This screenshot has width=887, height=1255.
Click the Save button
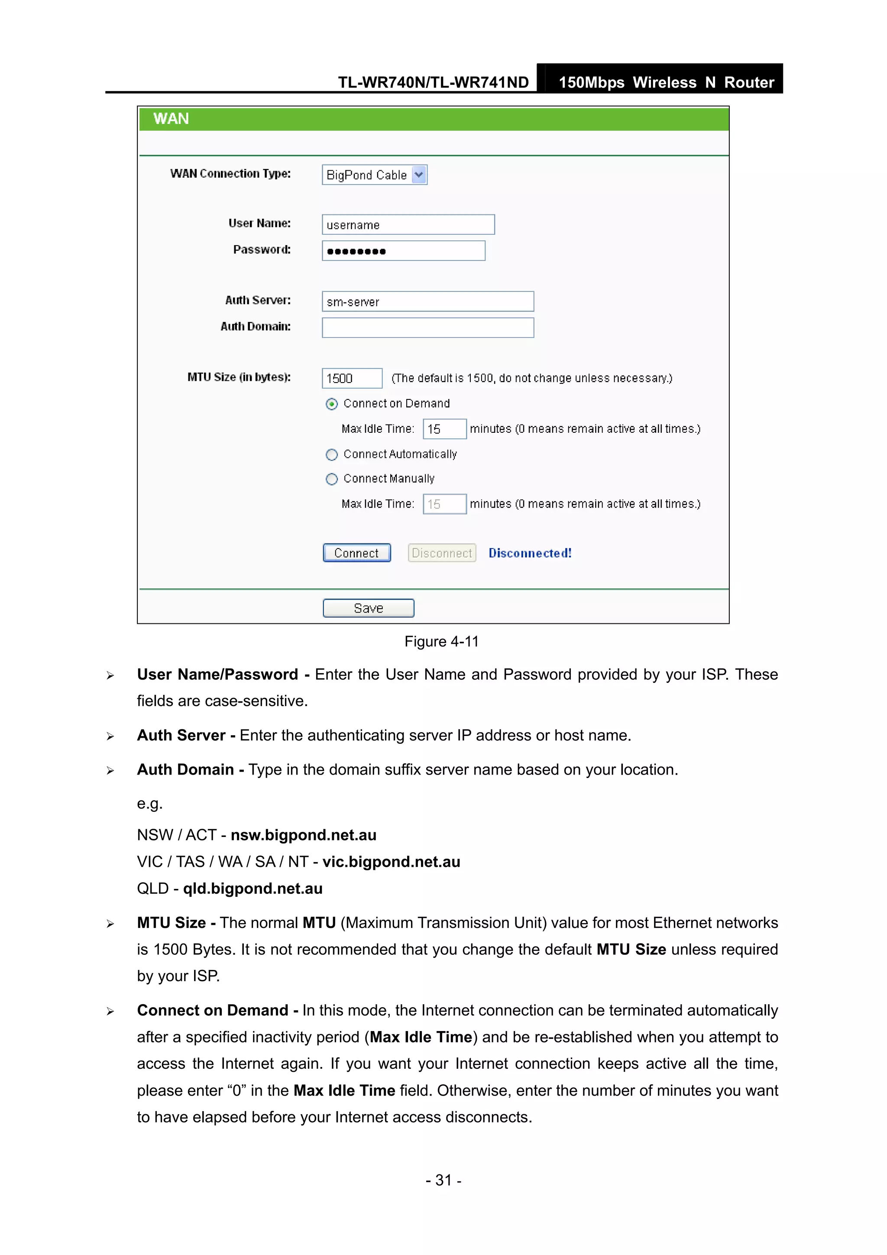pyautogui.click(x=368, y=608)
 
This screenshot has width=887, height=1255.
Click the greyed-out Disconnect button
pyautogui.click(x=442, y=553)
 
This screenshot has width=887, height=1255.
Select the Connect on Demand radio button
pyautogui.click(x=332, y=404)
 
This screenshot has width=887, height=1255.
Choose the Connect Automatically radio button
pyautogui.click(x=332, y=455)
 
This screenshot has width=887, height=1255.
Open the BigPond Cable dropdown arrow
pyautogui.click(x=419, y=175)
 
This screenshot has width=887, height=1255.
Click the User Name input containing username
pyautogui.click(x=408, y=225)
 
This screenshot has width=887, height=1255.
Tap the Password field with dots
pyautogui.click(x=403, y=251)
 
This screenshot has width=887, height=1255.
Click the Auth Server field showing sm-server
pyautogui.click(x=427, y=301)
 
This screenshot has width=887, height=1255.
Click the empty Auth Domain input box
pyautogui.click(x=427, y=328)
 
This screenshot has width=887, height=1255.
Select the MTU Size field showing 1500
pyautogui.click(x=351, y=378)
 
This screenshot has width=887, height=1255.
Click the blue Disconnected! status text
pyautogui.click(x=530, y=553)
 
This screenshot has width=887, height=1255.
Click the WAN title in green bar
pyautogui.click(x=171, y=119)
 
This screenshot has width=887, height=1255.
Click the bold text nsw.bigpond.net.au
pyautogui.click(x=303, y=835)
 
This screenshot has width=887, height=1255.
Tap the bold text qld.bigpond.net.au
pyautogui.click(x=253, y=888)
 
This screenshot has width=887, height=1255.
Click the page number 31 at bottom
pyautogui.click(x=443, y=1180)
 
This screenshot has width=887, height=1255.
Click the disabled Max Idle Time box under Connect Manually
pyautogui.click(x=444, y=504)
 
